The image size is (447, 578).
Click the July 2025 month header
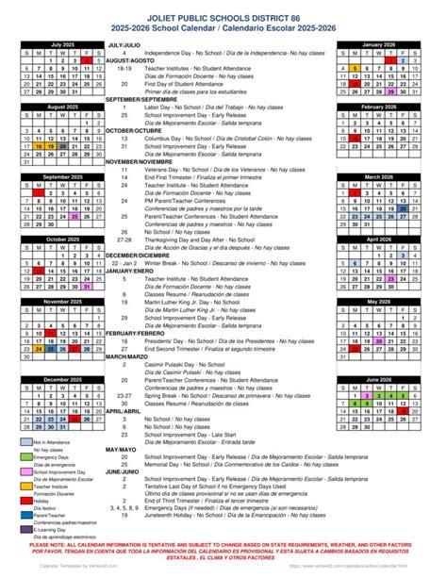click(x=62, y=44)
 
